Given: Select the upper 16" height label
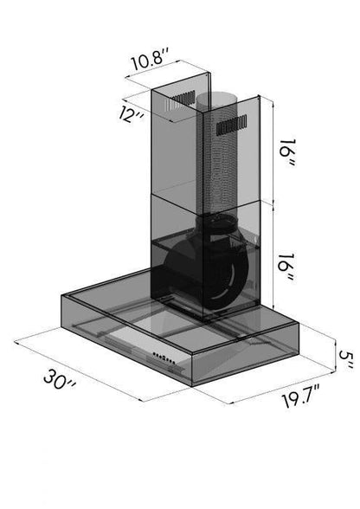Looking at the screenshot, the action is click(287, 152).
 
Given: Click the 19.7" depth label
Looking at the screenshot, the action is click(301, 396).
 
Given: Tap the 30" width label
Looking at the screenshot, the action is click(60, 378).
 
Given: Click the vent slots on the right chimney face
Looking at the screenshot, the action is click(232, 125).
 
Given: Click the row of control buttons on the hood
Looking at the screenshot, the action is click(164, 358).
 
